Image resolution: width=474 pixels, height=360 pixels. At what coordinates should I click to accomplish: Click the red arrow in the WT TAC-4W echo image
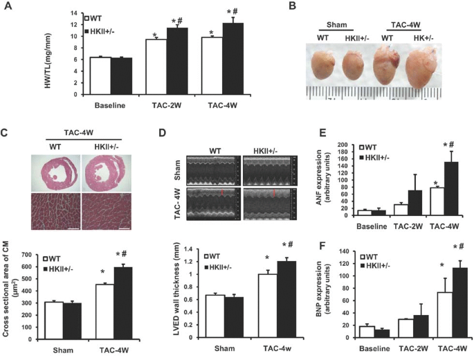coord(223,193)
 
